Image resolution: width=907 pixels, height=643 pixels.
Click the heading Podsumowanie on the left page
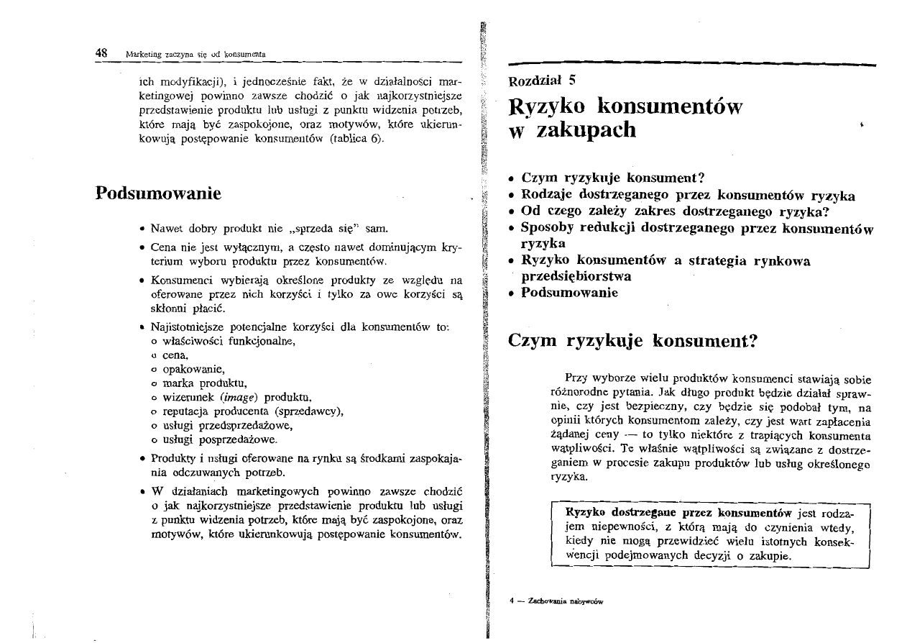pyautogui.click(x=157, y=194)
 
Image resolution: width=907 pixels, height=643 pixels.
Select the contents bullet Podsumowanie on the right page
pyautogui.click(x=569, y=293)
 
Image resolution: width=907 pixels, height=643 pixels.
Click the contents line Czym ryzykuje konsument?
pyautogui.click(x=612, y=177)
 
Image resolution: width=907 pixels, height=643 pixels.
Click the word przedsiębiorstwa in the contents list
pyautogui.click(x=576, y=276)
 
